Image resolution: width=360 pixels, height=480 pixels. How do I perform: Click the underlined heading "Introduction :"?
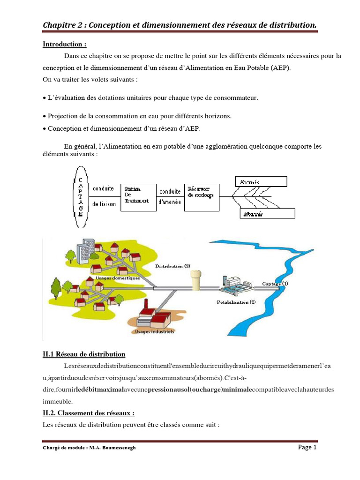(65, 45)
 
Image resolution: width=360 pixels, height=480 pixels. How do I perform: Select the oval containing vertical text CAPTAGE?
(80, 197)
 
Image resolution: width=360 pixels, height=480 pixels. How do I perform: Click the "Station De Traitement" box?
(138, 197)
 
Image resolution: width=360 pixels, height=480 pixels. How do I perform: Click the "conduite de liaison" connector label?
(104, 196)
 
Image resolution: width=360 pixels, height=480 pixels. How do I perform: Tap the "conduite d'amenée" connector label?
(170, 197)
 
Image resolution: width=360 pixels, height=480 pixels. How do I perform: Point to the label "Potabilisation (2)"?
(236, 302)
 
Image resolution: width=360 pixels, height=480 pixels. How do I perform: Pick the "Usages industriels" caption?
(154, 331)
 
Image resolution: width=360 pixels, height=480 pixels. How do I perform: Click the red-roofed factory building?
(155, 316)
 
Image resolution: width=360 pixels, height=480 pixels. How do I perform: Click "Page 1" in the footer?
(307, 447)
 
